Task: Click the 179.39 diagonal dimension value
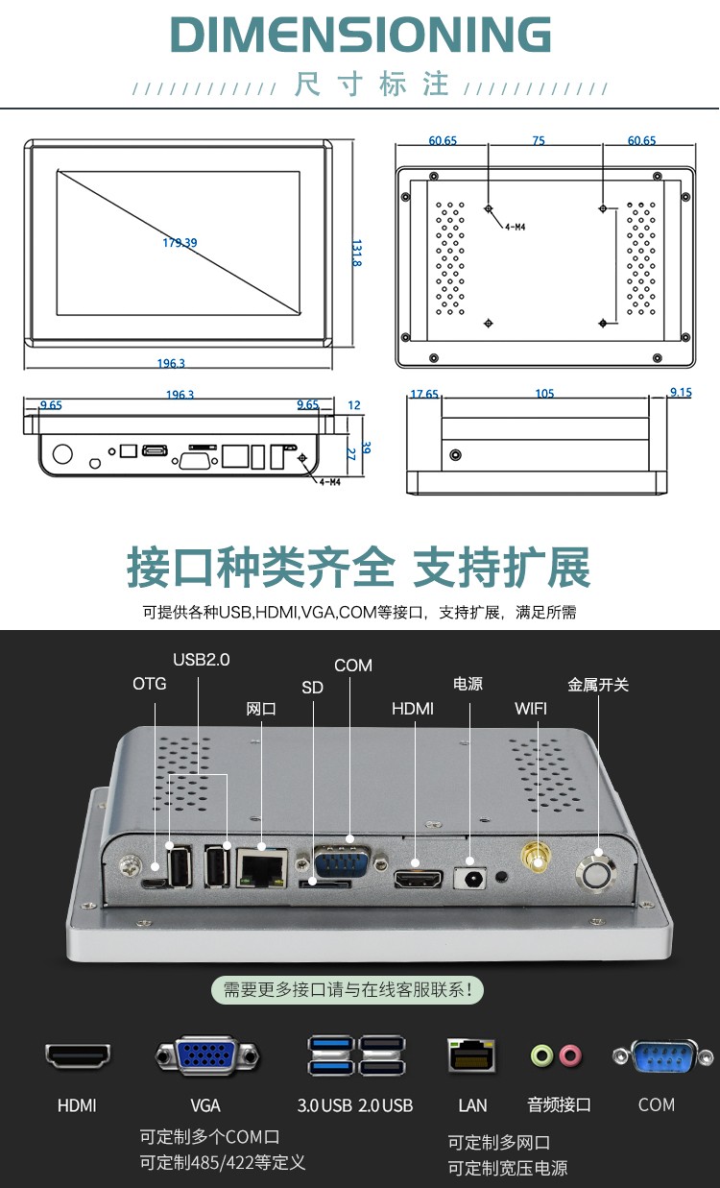tap(180, 243)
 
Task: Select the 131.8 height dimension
tap(356, 254)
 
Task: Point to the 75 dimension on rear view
tap(539, 141)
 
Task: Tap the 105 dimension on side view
tap(545, 394)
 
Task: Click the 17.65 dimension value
tap(424, 394)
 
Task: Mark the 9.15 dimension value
tap(681, 393)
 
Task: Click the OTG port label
tap(149, 684)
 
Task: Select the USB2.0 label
tap(202, 660)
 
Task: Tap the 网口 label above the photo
tap(261, 709)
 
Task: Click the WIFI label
tap(532, 709)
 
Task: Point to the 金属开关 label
tap(598, 685)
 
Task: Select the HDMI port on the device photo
tap(417, 878)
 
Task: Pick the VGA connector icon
tap(206, 1056)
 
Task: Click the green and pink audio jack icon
tap(557, 1056)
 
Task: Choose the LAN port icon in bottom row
tap(471, 1055)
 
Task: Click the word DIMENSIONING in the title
tap(360, 36)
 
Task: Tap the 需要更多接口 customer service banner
tap(348, 989)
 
